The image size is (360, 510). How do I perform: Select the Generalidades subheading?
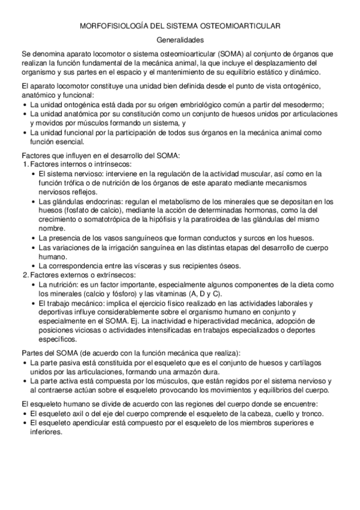point(180,40)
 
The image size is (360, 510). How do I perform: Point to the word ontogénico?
point(306,84)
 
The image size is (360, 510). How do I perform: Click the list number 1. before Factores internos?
point(25,164)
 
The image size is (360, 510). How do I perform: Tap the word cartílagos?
point(303,363)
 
